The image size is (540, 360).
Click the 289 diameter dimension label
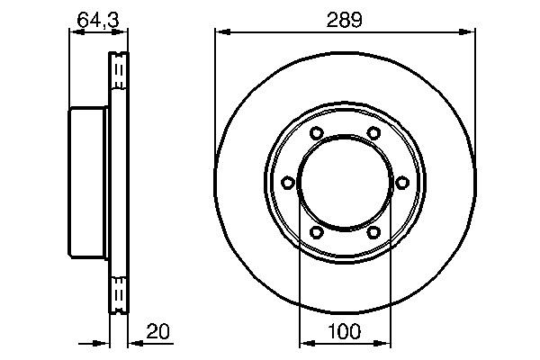(344, 19)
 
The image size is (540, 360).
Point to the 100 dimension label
(344, 330)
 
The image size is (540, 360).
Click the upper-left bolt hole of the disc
(316, 134)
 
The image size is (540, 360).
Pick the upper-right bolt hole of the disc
(373, 134)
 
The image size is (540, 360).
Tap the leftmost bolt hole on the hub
(287, 183)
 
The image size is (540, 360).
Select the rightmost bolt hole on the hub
(401, 183)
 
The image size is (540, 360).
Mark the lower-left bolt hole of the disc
(316, 232)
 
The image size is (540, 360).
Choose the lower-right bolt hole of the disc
(373, 232)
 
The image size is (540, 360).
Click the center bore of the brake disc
(344, 183)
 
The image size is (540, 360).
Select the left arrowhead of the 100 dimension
(304, 342)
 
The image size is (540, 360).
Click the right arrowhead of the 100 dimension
(384, 342)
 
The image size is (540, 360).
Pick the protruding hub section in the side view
(88, 183)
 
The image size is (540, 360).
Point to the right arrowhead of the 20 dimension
(132, 342)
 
